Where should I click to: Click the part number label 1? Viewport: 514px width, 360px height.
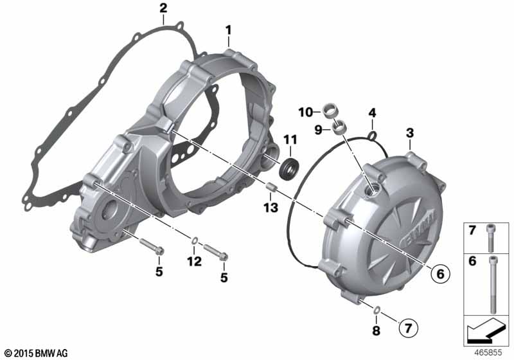tap(228, 30)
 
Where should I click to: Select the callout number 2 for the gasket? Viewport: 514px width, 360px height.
tap(163, 8)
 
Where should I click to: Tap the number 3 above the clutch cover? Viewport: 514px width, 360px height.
tap(410, 133)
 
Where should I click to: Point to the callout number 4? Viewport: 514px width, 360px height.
tap(372, 113)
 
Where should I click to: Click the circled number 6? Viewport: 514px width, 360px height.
tap(440, 273)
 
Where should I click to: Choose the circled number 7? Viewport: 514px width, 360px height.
tap(408, 327)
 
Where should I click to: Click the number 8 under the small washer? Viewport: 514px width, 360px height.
tap(376, 330)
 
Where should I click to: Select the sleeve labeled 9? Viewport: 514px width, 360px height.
tap(339, 127)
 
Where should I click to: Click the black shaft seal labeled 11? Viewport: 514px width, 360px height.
tap(288, 168)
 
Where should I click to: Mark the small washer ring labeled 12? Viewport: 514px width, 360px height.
tap(194, 241)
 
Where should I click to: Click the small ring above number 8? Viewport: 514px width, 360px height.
tap(377, 309)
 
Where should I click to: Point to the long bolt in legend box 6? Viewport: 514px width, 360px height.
tap(492, 285)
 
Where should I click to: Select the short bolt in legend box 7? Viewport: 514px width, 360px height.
tap(490, 238)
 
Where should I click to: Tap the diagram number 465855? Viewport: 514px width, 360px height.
tap(488, 353)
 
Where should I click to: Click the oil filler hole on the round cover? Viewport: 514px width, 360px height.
tap(372, 190)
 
